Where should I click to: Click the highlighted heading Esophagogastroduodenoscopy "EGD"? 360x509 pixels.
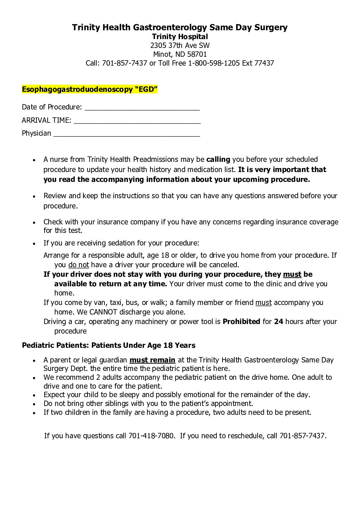pos(90,89)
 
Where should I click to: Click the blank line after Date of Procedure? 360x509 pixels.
pos(142,108)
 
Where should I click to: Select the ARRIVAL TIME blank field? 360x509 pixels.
pos(137,121)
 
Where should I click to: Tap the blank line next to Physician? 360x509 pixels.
pos(127,134)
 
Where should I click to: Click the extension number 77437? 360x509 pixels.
pos(264,63)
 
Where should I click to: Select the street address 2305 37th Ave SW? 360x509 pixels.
pos(180,46)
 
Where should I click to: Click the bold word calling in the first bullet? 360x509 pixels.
pos(218,159)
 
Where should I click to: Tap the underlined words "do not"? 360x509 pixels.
pos(79,265)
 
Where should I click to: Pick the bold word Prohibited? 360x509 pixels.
pos(241,322)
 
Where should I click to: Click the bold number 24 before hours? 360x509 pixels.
pos(278,322)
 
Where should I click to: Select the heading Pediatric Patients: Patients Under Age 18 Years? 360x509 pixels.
pos(109,345)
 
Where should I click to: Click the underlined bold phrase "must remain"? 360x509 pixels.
pos(152,360)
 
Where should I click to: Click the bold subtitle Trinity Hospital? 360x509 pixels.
pos(180,36)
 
